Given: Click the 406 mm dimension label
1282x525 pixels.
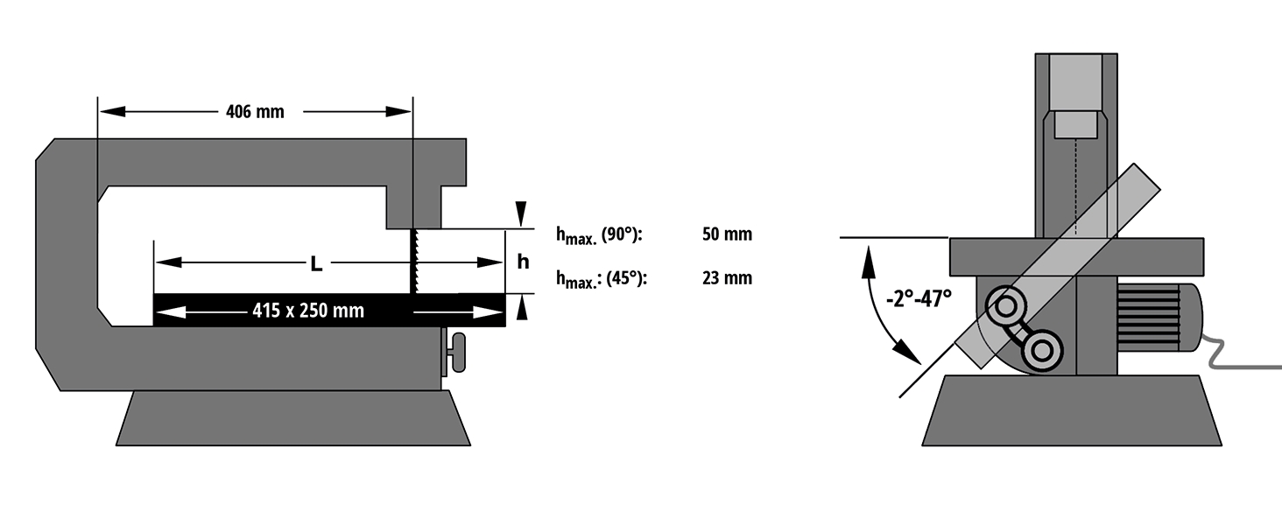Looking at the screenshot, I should (255, 112).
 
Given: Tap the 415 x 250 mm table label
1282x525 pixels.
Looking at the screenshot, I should (308, 311).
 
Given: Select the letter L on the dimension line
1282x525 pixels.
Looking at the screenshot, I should (316, 262).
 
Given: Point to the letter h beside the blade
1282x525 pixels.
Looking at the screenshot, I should (523, 262).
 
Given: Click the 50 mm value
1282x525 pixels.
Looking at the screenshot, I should (727, 234).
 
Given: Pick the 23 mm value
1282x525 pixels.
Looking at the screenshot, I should (727, 278).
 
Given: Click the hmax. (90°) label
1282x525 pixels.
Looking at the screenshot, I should (599, 234).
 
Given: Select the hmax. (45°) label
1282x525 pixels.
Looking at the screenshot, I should (601, 278).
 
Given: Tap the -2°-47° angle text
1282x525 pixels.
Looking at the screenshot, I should (919, 297).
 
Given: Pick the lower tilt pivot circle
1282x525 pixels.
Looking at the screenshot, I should (1041, 351).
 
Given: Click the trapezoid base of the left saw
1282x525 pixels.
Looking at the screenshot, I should (292, 418).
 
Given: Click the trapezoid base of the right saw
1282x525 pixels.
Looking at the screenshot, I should (1072, 411).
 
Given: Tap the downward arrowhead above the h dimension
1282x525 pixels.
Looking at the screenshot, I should (522, 213).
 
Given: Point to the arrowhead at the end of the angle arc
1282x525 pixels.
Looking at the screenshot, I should (911, 354).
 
